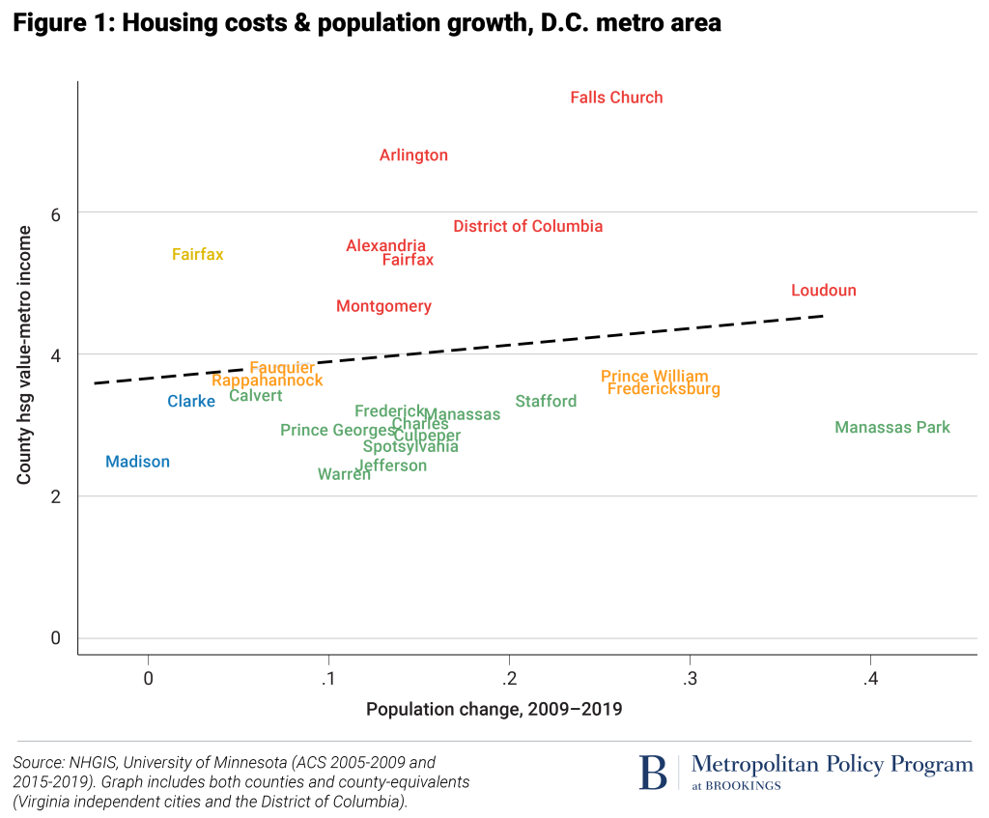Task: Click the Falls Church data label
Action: [x=616, y=98]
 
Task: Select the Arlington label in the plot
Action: [x=413, y=155]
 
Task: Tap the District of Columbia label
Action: [x=527, y=227]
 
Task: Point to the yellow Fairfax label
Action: [x=197, y=255]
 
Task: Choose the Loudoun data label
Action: [x=823, y=291]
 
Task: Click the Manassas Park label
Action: [x=892, y=428]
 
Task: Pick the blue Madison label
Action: [x=137, y=463]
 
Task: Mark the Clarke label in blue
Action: [x=191, y=402]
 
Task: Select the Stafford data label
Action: [x=546, y=402]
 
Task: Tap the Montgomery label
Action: [x=383, y=307]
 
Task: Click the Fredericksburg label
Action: [x=664, y=389]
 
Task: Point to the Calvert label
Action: [x=255, y=396]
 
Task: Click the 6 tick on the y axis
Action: [x=55, y=214]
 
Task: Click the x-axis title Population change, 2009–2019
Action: [x=494, y=710]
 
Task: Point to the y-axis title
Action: [x=26, y=355]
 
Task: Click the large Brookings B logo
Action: [x=653, y=772]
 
